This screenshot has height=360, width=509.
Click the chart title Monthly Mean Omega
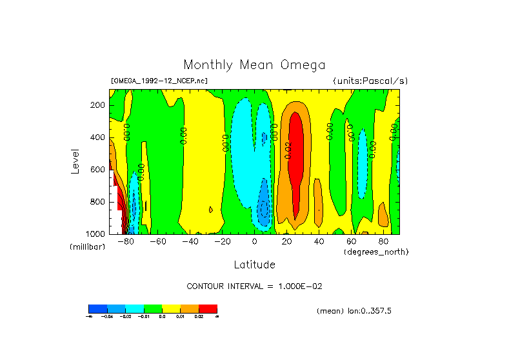point(254,65)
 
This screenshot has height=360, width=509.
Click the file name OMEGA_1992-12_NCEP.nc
point(159,81)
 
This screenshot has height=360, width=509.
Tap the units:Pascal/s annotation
point(370,81)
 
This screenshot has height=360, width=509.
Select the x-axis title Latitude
point(254,265)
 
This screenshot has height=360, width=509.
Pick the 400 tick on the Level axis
point(99,137)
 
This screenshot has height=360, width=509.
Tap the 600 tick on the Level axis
point(99,170)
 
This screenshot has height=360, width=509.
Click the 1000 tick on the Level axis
point(97,234)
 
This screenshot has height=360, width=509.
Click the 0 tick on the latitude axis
point(255,242)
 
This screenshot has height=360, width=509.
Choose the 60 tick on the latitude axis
point(351,242)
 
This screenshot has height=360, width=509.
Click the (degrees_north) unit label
point(376,252)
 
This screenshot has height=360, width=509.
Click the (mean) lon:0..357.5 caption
point(354,311)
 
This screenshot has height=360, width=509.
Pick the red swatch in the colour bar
point(208,308)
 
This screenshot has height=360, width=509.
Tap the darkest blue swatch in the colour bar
point(97,308)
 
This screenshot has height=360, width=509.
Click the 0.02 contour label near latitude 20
point(288,149)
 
